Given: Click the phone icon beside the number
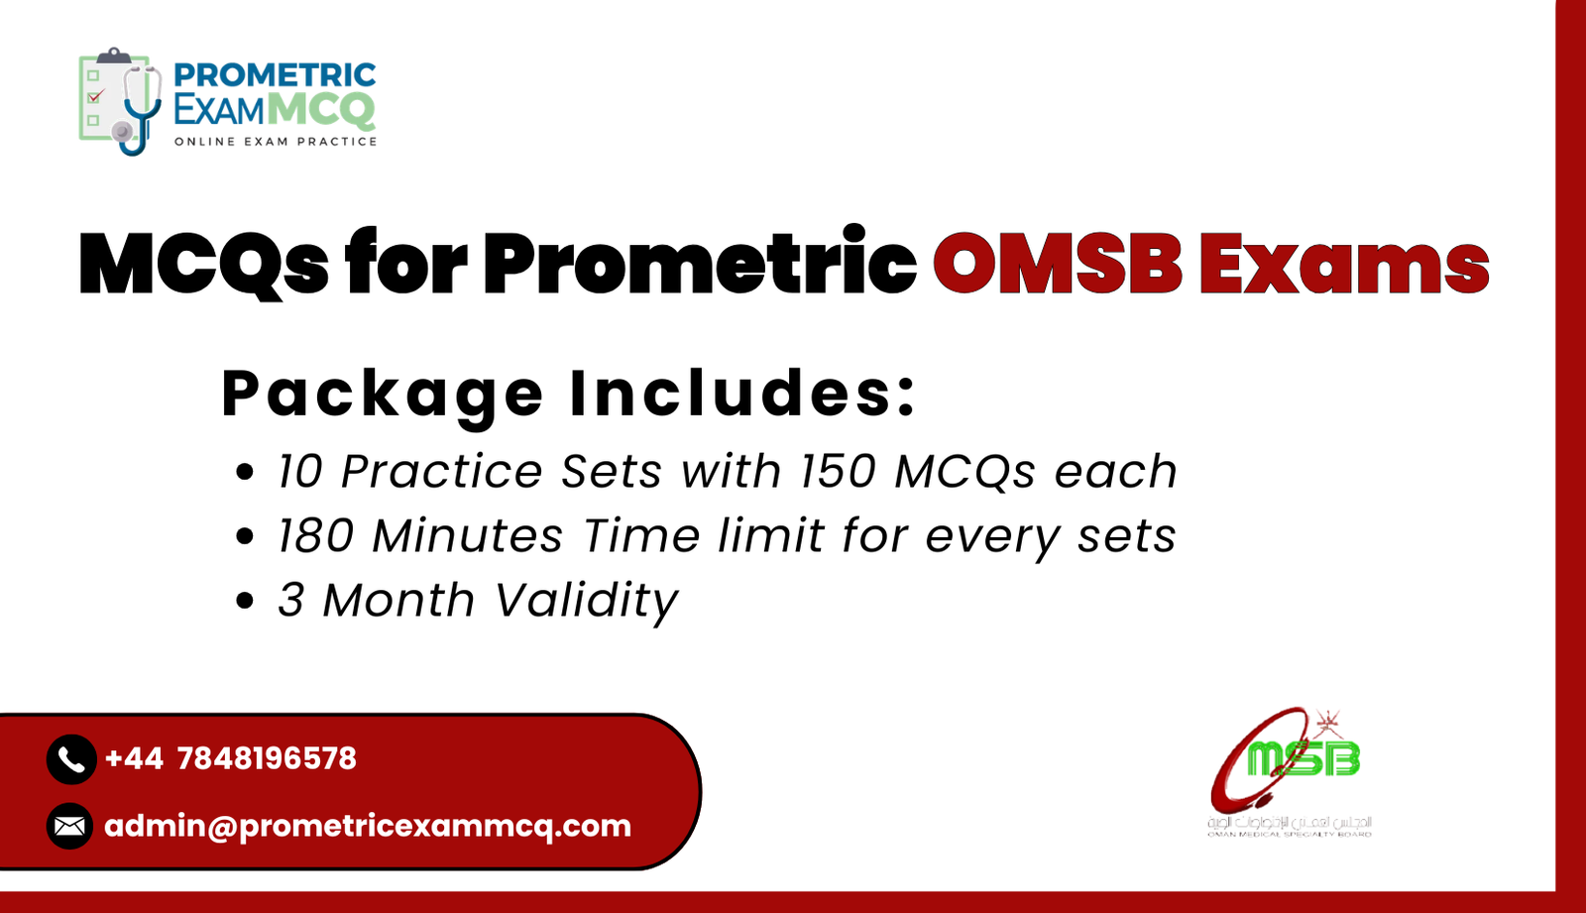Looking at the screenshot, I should tap(70, 759).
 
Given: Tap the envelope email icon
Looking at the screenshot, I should tap(70, 825).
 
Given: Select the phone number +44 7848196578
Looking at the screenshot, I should tap(230, 759).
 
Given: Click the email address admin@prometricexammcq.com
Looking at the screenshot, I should tap(367, 825).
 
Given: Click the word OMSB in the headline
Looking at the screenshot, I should tap(1057, 264).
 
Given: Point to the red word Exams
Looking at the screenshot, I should tap(1344, 264).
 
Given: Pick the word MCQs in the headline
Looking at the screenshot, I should tap(203, 264).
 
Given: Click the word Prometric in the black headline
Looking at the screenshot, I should tap(700, 264).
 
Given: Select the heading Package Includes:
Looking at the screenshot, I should tap(569, 393).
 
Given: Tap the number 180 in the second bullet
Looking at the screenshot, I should tap(315, 536).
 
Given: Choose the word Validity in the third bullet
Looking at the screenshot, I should tap(586, 601).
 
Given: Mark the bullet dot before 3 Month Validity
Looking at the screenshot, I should tap(246, 602).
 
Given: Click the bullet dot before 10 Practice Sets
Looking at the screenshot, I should tap(246, 473).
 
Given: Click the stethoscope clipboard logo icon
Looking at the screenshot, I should tap(120, 100).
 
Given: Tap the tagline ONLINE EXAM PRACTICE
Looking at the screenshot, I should tap(276, 142).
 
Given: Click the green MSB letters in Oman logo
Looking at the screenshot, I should tap(1303, 759).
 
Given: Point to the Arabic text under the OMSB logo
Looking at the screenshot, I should tap(1289, 823).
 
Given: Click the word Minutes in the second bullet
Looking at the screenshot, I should tap(468, 536).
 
